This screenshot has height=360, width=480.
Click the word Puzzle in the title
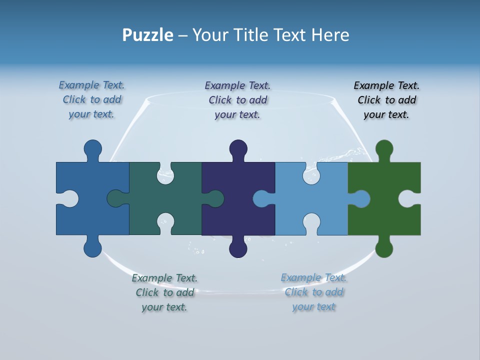pos(147,35)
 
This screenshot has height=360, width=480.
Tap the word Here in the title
pos(330,35)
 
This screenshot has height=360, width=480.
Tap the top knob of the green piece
pos(384,149)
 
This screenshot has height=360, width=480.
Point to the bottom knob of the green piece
pos(384,248)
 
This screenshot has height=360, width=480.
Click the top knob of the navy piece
pos(238,149)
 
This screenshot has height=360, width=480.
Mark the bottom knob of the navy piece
pos(238,248)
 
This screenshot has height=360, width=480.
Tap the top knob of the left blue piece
pos(92,149)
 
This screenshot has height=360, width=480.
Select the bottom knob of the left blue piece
pos(92,248)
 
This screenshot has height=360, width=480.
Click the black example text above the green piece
pos(386,100)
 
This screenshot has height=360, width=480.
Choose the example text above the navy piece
pos(237,100)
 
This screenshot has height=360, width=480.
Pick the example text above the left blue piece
pos(91,99)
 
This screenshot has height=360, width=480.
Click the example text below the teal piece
pos(164,292)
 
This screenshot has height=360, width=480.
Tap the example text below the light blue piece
pos(313,292)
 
